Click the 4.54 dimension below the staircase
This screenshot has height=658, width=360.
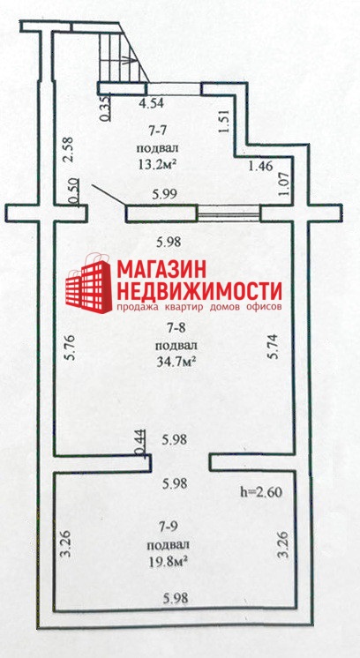[x=152, y=103]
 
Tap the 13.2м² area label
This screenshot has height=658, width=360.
[x=156, y=164]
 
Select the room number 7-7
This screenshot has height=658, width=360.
[x=156, y=131]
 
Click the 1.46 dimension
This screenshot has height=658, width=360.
[x=260, y=165]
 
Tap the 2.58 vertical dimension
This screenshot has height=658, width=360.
[x=69, y=149]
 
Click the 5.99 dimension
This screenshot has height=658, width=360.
[x=164, y=194]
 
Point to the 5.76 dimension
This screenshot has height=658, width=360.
[x=70, y=347]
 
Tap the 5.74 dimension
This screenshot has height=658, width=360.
[x=274, y=347]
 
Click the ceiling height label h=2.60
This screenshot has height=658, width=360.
[x=260, y=492]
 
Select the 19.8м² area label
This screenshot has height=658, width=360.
[x=167, y=559]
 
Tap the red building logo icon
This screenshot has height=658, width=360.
[x=89, y=283]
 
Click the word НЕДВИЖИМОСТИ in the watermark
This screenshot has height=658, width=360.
[x=199, y=290]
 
